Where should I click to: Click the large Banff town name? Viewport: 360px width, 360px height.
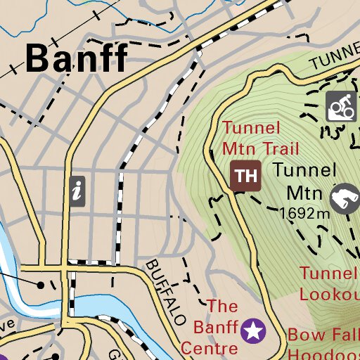[x=77, y=58]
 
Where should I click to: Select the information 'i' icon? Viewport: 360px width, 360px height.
[x=77, y=191]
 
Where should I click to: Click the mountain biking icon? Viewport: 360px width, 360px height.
[x=342, y=107]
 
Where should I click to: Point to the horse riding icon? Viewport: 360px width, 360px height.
[x=345, y=198]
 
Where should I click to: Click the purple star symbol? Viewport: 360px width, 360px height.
[x=252, y=329]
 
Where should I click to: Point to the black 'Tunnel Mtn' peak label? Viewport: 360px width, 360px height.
[x=305, y=181]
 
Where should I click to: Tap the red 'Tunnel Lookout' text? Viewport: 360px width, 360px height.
[x=329, y=283]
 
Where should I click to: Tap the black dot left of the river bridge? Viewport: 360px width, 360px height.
[x=41, y=285]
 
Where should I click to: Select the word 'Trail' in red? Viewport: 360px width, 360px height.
[x=280, y=148]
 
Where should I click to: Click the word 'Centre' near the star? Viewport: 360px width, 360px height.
[x=208, y=347]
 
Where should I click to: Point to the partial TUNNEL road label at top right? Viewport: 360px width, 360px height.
[x=335, y=61]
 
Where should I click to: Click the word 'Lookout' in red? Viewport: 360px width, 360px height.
[x=329, y=293]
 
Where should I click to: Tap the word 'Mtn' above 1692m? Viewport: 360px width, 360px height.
[x=304, y=193]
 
